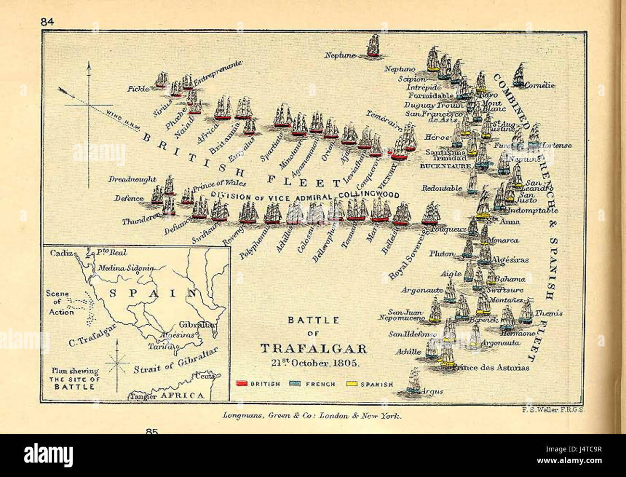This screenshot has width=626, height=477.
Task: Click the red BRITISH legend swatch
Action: pos(242,384)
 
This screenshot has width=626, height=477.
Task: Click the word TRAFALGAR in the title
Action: pos(313,349)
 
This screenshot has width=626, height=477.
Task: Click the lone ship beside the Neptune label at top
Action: pos(373,47)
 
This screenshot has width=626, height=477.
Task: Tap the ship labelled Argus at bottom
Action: pos(414,381)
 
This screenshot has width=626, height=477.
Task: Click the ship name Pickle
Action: pos(139,89)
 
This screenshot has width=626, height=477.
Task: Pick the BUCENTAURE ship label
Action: pos(445,166)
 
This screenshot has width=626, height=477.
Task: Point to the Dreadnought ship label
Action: pos(128,179)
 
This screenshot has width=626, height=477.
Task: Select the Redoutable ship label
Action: pos(442,188)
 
